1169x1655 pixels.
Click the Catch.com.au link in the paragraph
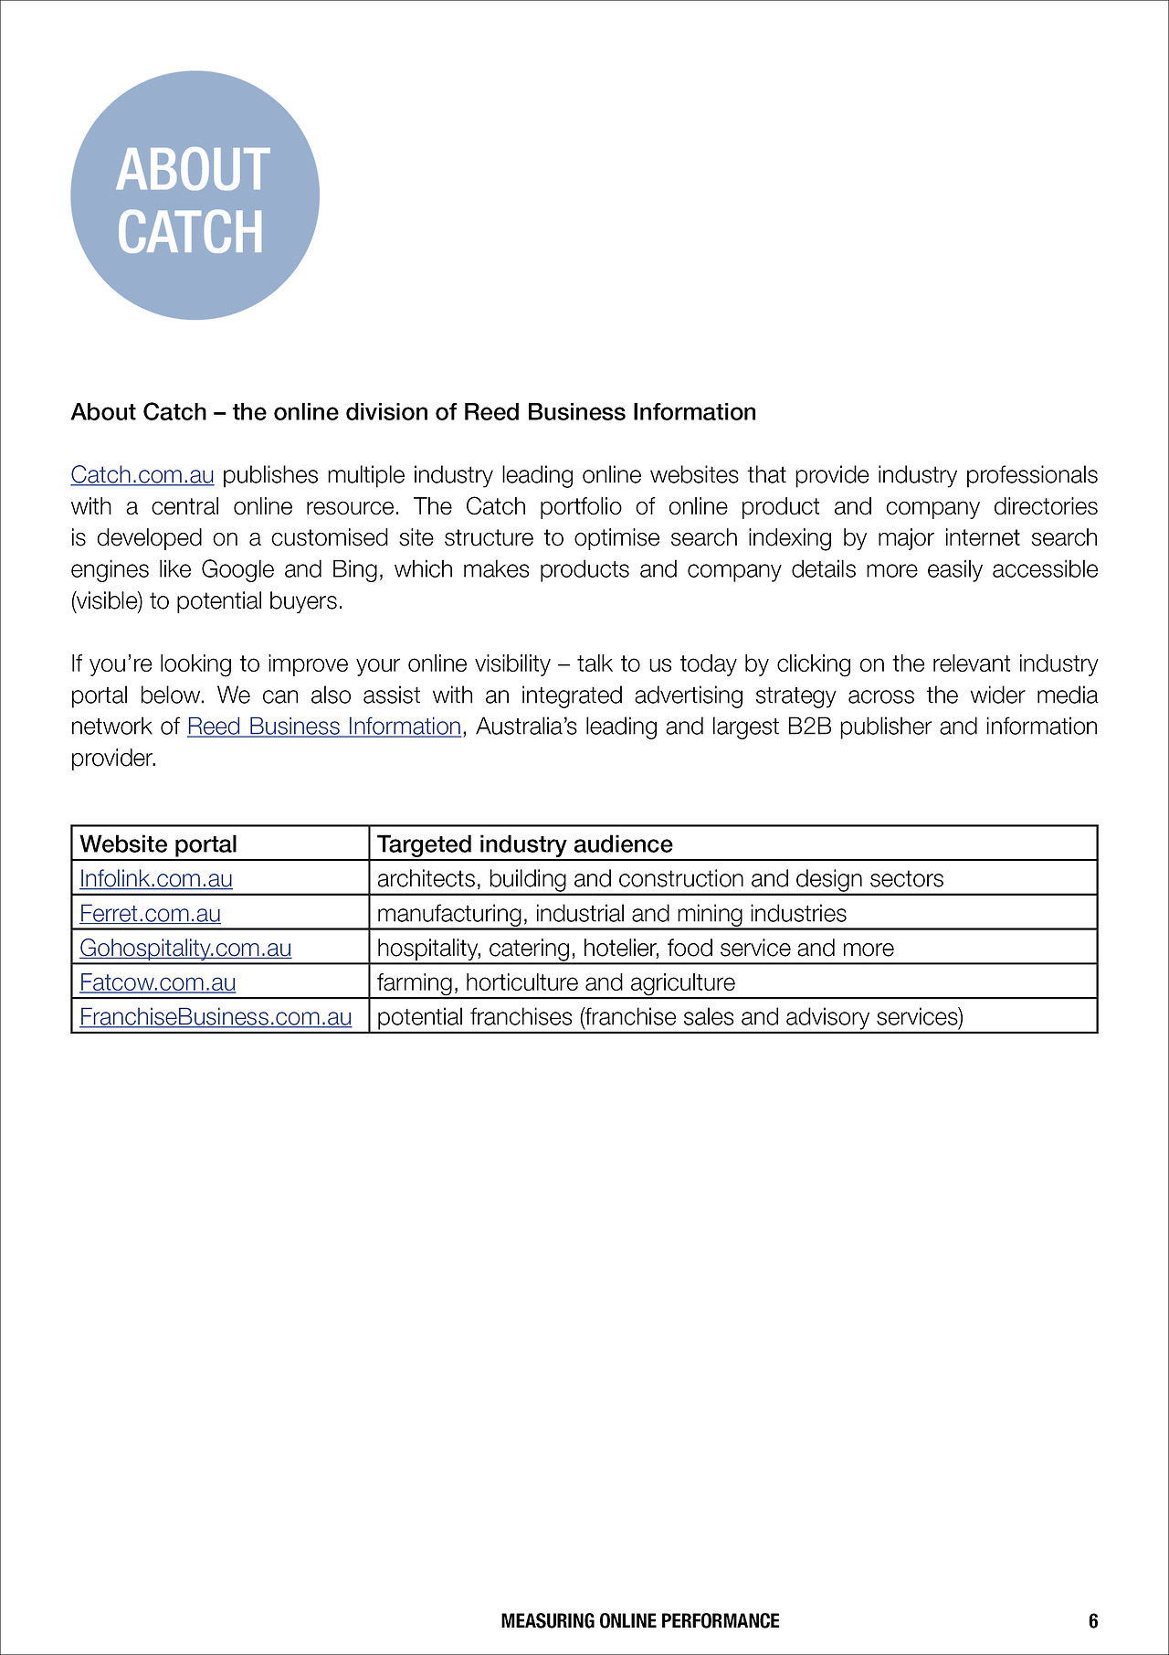[142, 475]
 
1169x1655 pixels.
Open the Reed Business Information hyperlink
[324, 727]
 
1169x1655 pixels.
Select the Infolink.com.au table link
[156, 878]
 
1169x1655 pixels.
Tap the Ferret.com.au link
[150, 913]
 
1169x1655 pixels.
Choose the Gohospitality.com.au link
[185, 948]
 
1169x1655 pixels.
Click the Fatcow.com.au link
[157, 982]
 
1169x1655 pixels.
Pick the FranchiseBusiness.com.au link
[216, 1017]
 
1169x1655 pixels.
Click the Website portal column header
[158, 843]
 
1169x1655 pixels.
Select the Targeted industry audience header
[524, 843]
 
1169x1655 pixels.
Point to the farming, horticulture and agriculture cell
[555, 982]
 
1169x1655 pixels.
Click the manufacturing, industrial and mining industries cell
[611, 913]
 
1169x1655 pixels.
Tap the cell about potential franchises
[669, 1017]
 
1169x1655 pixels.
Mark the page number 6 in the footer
[1093, 1621]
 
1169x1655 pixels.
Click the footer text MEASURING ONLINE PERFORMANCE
[640, 1621]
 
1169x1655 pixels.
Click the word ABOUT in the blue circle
[193, 170]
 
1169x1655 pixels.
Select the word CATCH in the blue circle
[190, 232]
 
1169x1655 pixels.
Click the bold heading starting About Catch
[413, 412]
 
